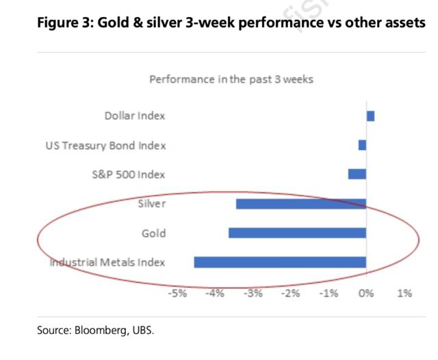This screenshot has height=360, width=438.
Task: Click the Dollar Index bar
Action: click(370, 116)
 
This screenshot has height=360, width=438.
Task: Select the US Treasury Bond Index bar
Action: click(362, 145)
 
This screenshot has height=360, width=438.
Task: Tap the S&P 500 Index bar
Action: click(357, 174)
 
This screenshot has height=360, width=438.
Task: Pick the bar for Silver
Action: click(301, 203)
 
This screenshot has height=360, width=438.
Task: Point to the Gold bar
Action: click(297, 233)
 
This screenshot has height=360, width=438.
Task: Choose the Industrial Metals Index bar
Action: click(280, 261)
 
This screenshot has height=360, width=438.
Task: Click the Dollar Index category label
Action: click(135, 116)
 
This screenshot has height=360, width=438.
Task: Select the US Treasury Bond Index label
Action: click(105, 145)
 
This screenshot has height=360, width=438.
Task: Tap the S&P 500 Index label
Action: click(129, 175)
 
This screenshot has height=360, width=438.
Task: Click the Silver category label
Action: click(152, 204)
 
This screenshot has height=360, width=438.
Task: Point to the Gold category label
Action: click(153, 233)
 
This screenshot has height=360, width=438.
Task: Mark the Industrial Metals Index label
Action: click(107, 262)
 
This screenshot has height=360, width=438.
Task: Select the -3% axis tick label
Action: click(253, 294)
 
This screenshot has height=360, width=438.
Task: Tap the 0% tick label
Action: click(366, 294)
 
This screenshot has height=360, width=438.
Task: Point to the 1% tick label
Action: click(404, 294)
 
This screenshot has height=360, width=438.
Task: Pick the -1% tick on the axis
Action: click(328, 294)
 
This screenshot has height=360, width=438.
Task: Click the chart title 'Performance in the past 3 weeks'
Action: click(231, 79)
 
